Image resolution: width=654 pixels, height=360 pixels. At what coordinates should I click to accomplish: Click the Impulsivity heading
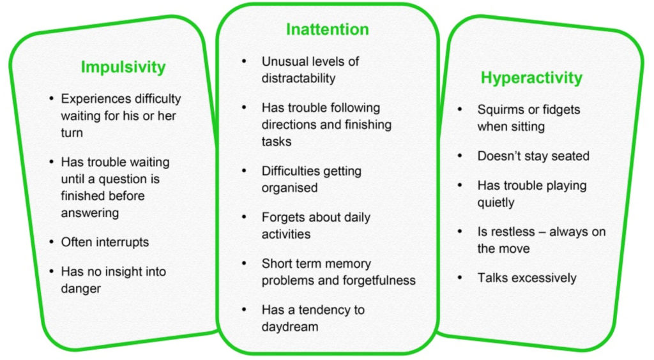pyautogui.click(x=123, y=67)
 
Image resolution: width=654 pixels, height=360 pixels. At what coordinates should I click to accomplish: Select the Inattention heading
pyautogui.click(x=327, y=29)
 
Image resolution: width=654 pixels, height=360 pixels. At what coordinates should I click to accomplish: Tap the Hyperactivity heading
pyautogui.click(x=531, y=78)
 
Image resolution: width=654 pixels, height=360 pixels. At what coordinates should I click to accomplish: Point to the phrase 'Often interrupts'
pyautogui.click(x=105, y=242)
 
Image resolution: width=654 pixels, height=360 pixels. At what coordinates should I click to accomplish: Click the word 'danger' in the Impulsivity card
pyautogui.click(x=81, y=289)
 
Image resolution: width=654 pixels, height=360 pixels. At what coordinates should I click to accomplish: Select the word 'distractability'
pyautogui.click(x=298, y=79)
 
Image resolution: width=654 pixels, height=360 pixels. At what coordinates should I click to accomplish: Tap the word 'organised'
pyautogui.click(x=289, y=188)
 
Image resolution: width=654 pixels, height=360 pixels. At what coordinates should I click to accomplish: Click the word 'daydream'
pyautogui.click(x=289, y=327)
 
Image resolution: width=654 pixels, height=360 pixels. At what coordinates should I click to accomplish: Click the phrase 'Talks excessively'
pyautogui.click(x=527, y=278)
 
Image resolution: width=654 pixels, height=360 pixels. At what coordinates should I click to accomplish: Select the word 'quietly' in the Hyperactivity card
pyautogui.click(x=496, y=202)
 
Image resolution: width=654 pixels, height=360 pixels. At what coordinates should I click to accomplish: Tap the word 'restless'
pyautogui.click(x=513, y=232)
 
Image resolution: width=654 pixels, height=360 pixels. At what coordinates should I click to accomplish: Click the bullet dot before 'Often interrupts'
pyautogui.click(x=51, y=242)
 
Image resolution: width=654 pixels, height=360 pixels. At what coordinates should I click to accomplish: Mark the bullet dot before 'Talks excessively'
pyautogui.click(x=460, y=278)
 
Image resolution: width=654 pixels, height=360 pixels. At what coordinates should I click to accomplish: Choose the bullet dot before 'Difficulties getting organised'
pyautogui.click(x=245, y=171)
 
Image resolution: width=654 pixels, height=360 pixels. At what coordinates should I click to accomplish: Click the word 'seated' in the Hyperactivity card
pyautogui.click(x=568, y=156)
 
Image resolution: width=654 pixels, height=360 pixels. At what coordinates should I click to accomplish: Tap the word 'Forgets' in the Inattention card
pyautogui.click(x=283, y=218)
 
